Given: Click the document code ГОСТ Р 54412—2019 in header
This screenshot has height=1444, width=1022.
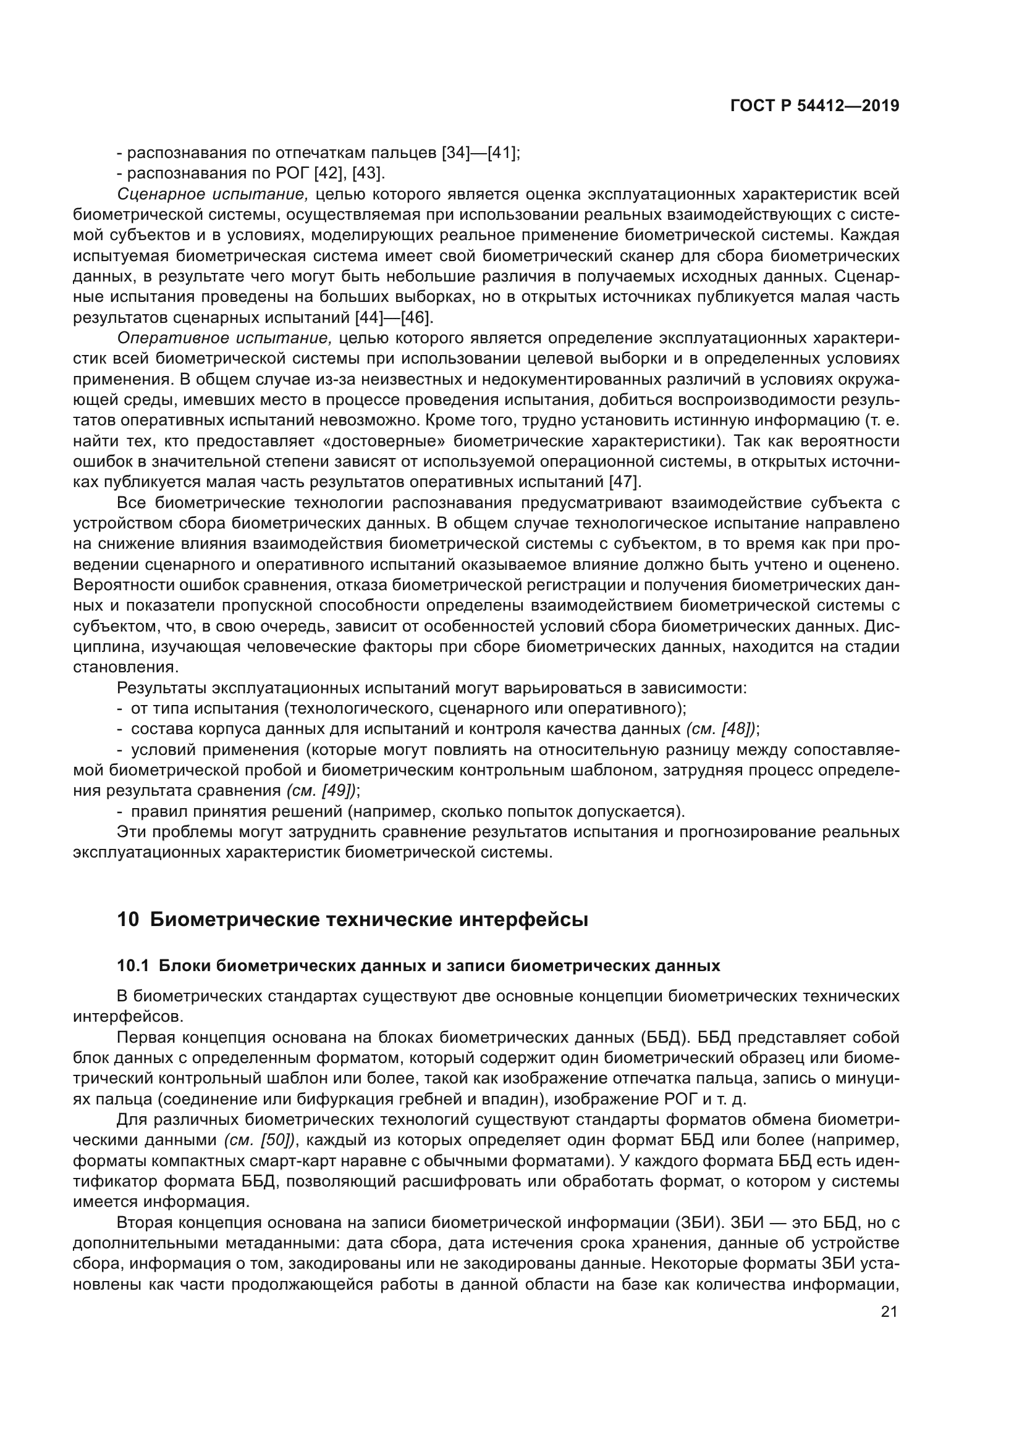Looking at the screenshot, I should tap(814, 106).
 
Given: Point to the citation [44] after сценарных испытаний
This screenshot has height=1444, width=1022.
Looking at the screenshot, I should tap(371, 317).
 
